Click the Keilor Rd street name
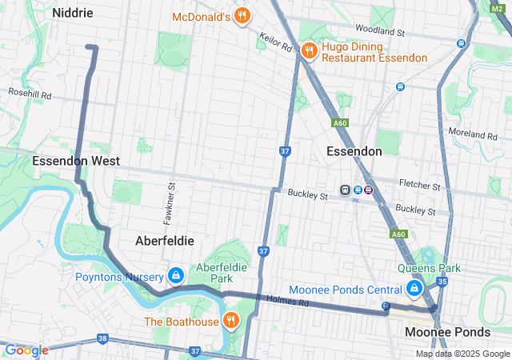275,42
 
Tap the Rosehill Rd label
29,95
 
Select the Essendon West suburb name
76,161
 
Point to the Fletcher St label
420,186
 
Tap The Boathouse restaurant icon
231,321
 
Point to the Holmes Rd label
292,302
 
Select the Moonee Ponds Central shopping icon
414,289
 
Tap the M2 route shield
495,7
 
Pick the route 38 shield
102,339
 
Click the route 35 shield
442,282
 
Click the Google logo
26,350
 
